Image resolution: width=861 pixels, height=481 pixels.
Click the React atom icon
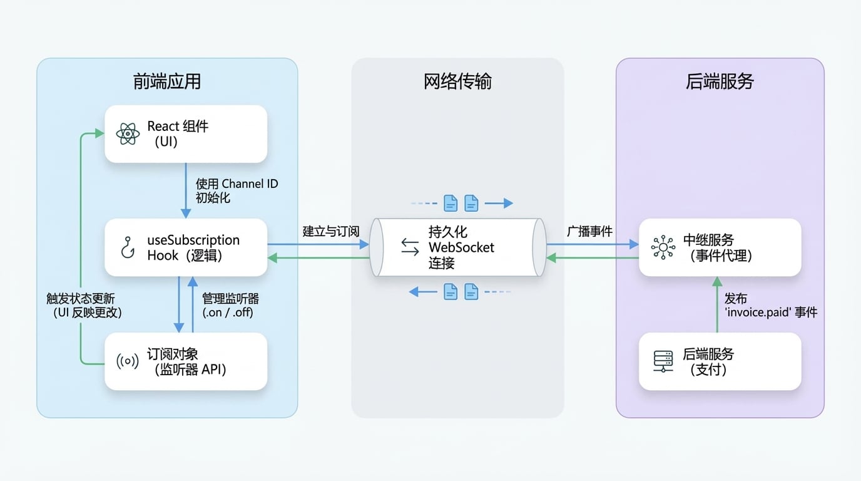click(x=128, y=133)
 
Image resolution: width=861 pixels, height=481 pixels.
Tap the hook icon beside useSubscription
click(x=128, y=247)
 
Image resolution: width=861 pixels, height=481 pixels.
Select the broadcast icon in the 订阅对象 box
click(x=127, y=361)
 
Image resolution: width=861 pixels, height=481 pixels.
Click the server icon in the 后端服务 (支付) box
click(x=663, y=361)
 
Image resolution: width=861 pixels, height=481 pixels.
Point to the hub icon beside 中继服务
click(x=663, y=247)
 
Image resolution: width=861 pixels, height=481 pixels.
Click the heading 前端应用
click(x=167, y=81)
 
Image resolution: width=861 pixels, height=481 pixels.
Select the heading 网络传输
click(x=457, y=81)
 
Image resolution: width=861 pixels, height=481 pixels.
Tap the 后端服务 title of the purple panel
click(x=720, y=81)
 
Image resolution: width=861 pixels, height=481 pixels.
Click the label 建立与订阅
click(x=331, y=231)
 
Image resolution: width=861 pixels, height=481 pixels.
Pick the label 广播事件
click(x=589, y=231)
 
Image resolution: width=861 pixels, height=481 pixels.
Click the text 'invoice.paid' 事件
click(x=771, y=312)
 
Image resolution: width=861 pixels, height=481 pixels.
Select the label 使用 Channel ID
click(x=237, y=184)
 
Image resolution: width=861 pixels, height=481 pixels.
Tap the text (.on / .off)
click(x=228, y=312)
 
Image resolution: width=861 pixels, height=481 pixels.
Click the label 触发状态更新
click(x=80, y=298)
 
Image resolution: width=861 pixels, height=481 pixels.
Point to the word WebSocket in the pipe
click(x=461, y=247)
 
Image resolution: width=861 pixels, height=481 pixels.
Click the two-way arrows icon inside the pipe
click(x=410, y=247)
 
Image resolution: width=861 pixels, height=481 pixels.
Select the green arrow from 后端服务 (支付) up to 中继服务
click(x=717, y=304)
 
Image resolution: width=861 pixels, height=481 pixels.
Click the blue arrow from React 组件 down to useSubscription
click(x=186, y=190)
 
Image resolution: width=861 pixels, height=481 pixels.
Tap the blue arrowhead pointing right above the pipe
click(x=508, y=203)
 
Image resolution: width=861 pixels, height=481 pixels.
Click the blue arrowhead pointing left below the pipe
click(x=414, y=292)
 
